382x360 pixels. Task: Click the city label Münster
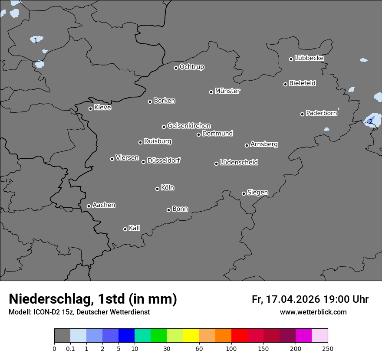coord(227,91)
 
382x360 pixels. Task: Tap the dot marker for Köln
coord(157,189)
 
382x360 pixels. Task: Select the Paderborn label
coord(321,113)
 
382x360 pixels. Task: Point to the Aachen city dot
coord(89,206)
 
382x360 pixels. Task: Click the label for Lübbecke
coord(309,58)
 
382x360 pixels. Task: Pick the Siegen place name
coord(257,193)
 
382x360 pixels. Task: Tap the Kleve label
coord(102,108)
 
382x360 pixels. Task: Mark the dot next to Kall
coord(125,229)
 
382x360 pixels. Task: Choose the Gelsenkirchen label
coord(189,126)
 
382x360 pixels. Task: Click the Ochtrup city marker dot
coord(176,68)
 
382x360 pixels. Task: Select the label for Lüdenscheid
coord(239,163)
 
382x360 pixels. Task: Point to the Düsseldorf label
coord(164,160)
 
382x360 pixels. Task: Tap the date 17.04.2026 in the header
coord(293,299)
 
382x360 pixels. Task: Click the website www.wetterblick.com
coord(313,312)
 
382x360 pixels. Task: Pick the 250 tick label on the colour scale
coord(328,348)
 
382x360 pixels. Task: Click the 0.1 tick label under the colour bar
coord(70,348)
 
